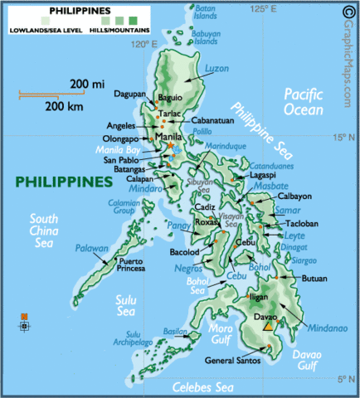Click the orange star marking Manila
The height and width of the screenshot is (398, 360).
click(x=172, y=145)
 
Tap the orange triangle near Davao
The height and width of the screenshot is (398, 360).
click(x=268, y=326)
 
